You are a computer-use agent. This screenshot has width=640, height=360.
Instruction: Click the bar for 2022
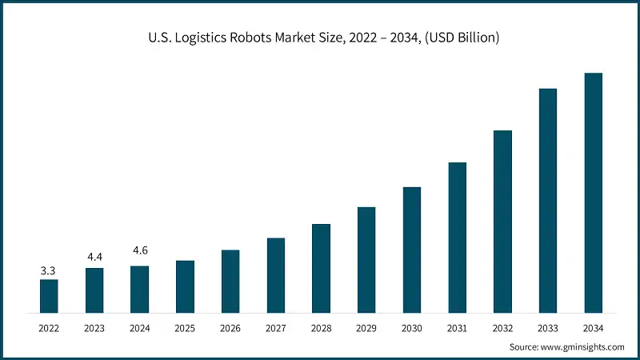49,295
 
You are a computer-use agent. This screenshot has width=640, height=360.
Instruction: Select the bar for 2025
185,286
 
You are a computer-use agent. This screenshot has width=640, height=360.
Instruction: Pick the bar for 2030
412,249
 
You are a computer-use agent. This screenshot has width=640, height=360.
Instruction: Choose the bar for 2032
502,221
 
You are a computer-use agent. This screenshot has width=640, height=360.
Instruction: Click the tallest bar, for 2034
593,192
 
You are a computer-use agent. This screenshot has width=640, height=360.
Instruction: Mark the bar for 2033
548,200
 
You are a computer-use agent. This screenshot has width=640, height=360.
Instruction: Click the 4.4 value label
94,257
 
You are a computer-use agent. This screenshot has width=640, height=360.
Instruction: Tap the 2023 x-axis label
94,328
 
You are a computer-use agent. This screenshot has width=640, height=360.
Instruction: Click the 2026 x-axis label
230,328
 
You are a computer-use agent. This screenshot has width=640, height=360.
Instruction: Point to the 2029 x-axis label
366,328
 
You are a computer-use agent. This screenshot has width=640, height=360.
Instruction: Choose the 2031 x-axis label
457,328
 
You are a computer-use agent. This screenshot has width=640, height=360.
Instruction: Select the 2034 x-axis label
593,328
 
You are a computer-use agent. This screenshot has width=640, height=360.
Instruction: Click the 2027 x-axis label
276,328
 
